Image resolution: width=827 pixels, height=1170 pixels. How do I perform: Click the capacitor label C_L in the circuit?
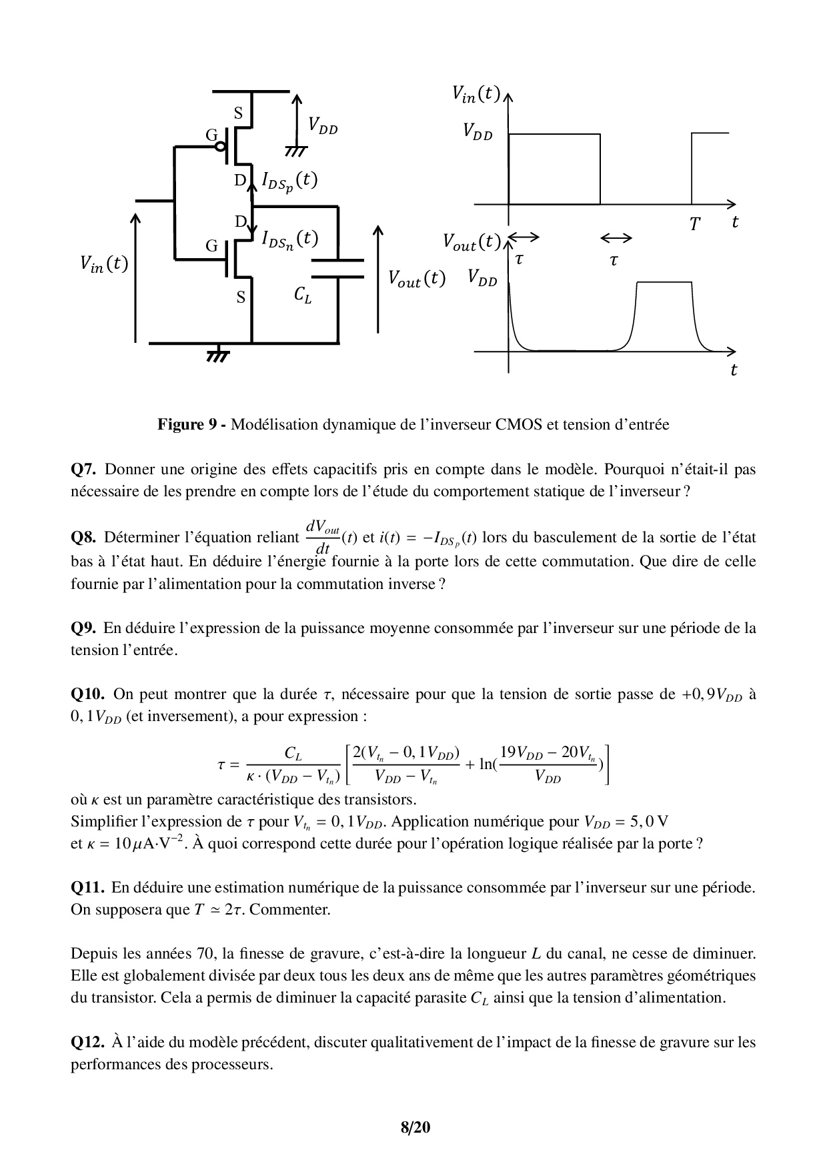(303, 295)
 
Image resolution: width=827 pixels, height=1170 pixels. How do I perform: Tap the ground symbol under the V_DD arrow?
(294, 152)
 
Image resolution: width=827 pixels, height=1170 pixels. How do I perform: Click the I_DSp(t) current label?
(289, 181)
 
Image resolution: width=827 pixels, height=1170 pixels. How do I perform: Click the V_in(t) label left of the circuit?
(104, 265)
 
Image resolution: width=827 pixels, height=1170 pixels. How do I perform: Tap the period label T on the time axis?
(694, 225)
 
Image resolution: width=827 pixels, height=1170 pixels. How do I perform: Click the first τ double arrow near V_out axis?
(524, 237)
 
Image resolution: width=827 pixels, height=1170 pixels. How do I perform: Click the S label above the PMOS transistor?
(237, 113)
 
